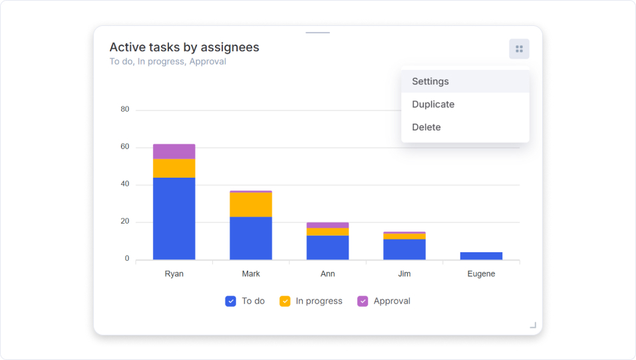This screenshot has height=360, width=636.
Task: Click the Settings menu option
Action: [x=430, y=81]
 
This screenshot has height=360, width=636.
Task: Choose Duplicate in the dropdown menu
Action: [x=433, y=104]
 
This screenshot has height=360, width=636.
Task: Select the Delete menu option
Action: [x=426, y=127]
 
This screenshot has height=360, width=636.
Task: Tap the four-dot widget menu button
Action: [x=519, y=49]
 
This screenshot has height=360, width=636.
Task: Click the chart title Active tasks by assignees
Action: [x=184, y=47]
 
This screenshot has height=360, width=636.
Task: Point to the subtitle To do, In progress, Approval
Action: [x=168, y=62]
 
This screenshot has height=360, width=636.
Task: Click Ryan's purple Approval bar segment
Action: [x=174, y=151]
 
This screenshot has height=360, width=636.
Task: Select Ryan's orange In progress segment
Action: [x=174, y=168]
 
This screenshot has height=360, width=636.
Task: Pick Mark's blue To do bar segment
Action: [x=251, y=238]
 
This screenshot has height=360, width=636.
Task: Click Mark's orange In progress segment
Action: [x=251, y=204]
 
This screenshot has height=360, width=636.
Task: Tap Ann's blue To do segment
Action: [x=327, y=248]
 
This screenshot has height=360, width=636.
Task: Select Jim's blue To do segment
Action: [x=404, y=250]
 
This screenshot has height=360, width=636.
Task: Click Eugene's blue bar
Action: [x=481, y=256]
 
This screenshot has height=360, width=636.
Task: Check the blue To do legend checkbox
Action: [x=231, y=301]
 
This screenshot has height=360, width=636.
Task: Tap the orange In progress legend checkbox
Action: [x=285, y=301]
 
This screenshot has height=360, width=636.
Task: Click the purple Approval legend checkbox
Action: [x=363, y=301]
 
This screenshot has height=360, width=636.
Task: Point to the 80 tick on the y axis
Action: [x=125, y=109]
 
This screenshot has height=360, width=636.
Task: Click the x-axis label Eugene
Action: [x=481, y=274]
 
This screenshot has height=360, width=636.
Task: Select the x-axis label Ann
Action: [x=327, y=274]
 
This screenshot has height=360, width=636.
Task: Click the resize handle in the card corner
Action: [x=533, y=325]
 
